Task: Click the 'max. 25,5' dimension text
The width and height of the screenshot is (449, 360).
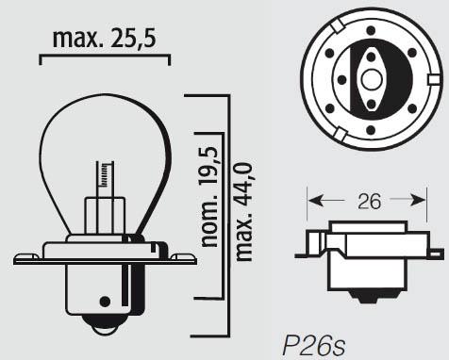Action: coord(104,40)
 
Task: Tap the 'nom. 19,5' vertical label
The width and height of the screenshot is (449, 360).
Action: coord(210,197)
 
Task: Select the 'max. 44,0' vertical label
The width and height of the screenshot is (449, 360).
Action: coord(244,212)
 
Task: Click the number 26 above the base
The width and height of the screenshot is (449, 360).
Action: coord(369,202)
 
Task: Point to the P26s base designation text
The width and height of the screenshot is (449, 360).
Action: coord(314,346)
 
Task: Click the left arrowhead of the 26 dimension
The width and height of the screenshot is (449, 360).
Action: coord(315,200)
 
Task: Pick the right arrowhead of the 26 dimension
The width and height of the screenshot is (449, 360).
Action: coord(418,200)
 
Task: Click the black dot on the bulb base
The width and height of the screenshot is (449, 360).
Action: coord(105,302)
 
